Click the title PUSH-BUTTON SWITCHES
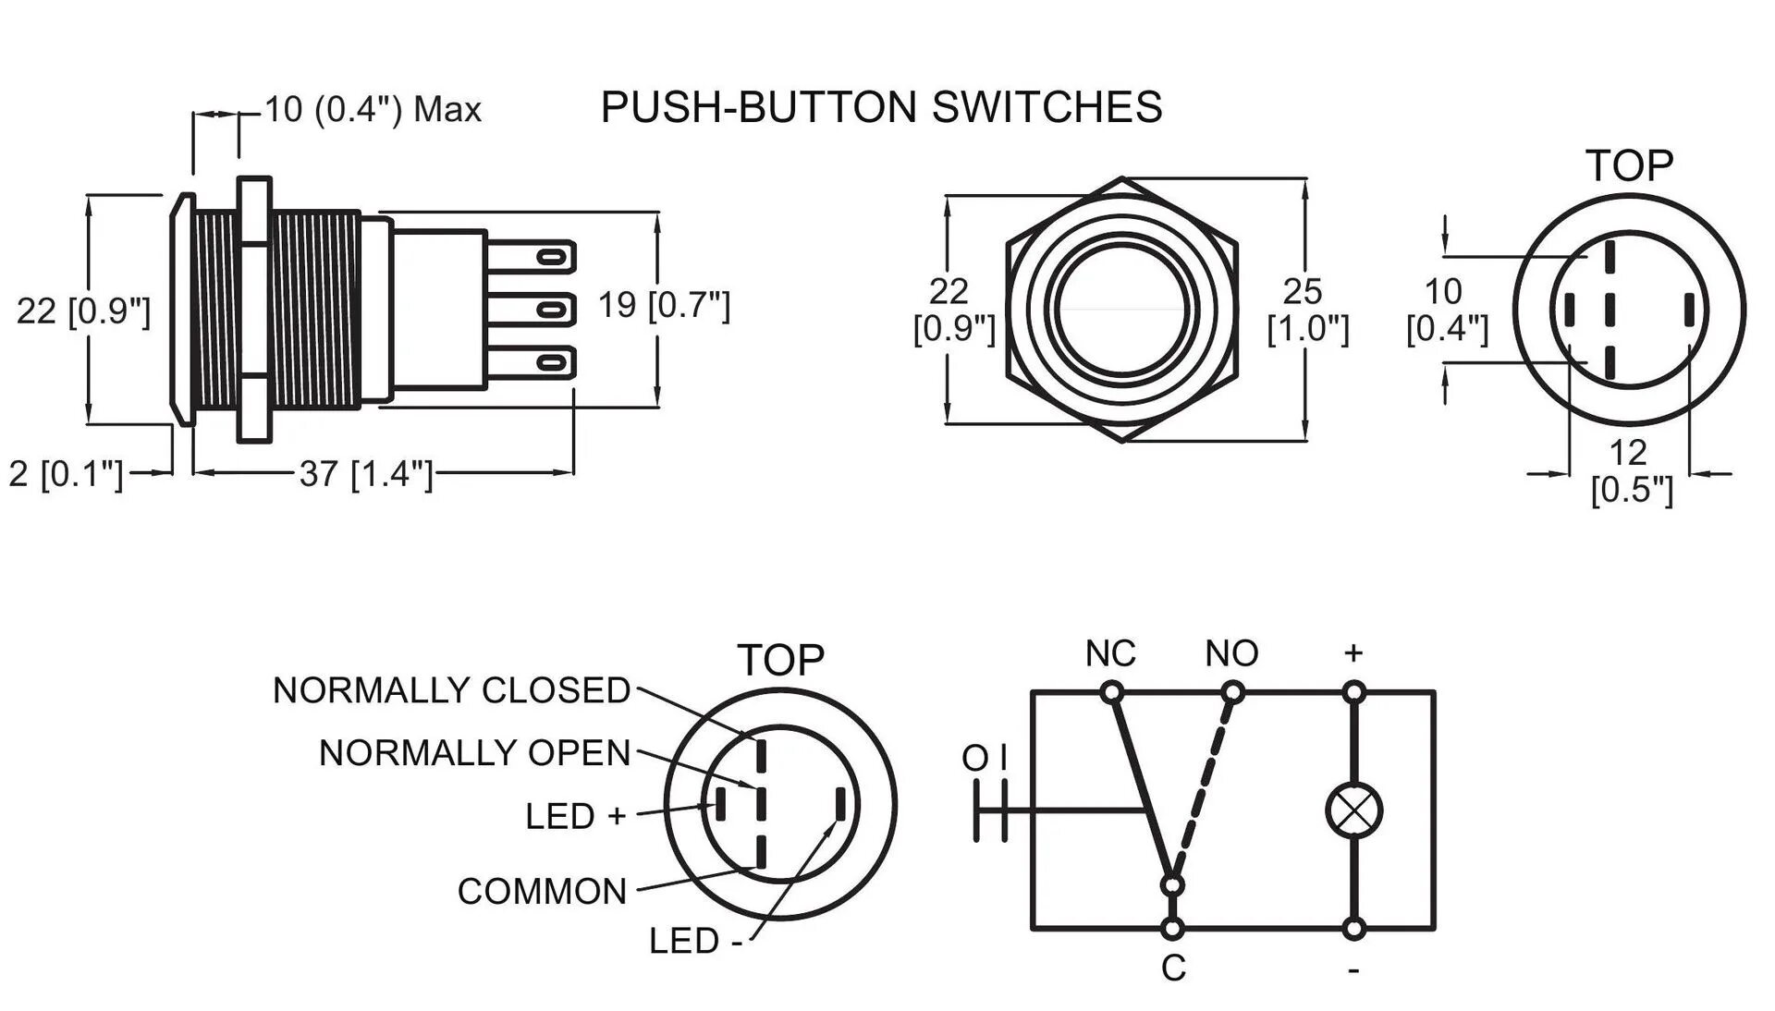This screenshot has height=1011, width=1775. click(881, 107)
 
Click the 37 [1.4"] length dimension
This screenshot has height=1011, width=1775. click(366, 474)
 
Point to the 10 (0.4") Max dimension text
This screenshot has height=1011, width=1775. click(373, 109)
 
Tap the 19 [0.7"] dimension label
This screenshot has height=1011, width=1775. click(664, 305)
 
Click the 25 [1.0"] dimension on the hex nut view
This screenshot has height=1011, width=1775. click(1307, 310)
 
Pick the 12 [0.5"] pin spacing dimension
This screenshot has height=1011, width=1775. click(1631, 470)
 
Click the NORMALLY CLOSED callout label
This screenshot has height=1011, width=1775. click(451, 690)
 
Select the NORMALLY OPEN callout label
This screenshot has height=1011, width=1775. click(474, 753)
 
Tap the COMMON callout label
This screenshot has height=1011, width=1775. click(542, 892)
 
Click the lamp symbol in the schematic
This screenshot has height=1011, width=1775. click(1353, 810)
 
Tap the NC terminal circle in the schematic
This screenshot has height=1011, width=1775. click(1112, 691)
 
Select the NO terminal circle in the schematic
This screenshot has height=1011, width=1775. click(1233, 691)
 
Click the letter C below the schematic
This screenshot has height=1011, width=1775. click(1173, 968)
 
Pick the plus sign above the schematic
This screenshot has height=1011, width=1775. click(1353, 653)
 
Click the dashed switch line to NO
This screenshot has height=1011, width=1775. click(1204, 786)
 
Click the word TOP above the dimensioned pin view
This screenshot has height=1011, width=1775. click(1630, 166)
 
